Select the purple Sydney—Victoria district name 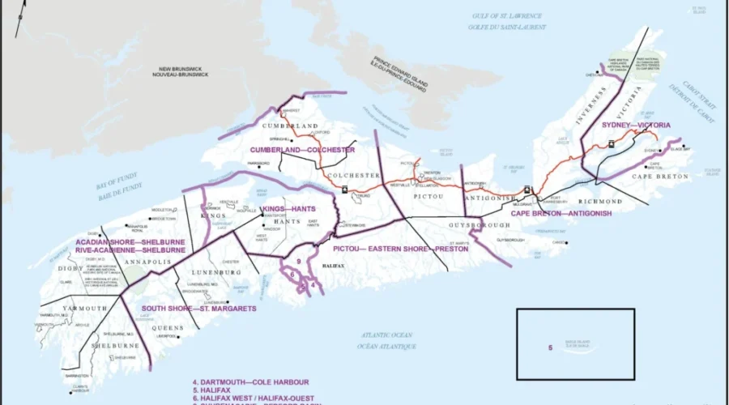point(636,126)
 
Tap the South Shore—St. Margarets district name point(198,309)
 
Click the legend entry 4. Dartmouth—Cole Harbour point(250,382)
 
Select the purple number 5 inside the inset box point(550,348)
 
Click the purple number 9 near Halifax point(298,261)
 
